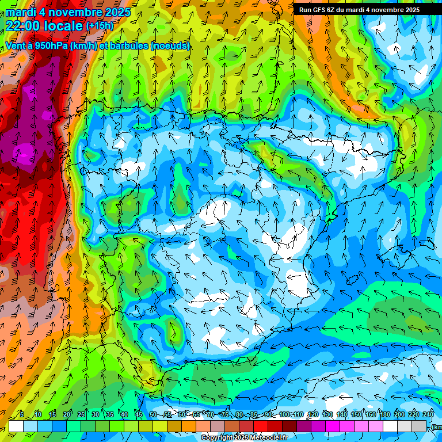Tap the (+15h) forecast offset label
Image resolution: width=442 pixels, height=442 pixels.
(100, 26)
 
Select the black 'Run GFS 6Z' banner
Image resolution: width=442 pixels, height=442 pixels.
(359, 9)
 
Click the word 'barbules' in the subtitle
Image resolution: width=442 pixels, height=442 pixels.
(125, 45)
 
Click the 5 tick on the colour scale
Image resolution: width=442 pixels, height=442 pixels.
(22, 414)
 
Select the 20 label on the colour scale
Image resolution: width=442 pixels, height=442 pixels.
(67, 414)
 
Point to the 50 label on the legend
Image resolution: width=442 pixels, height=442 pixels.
(153, 414)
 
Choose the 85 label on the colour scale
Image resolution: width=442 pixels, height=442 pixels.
(254, 414)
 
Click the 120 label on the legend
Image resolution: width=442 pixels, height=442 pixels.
(313, 414)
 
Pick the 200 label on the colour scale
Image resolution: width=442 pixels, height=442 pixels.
(399, 414)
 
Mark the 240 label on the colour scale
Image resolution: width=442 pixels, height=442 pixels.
(428, 414)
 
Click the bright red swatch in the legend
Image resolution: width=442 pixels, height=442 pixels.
(261, 426)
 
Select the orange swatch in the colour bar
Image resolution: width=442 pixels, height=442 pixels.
(189, 426)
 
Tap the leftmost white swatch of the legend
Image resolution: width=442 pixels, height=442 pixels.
(16, 426)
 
